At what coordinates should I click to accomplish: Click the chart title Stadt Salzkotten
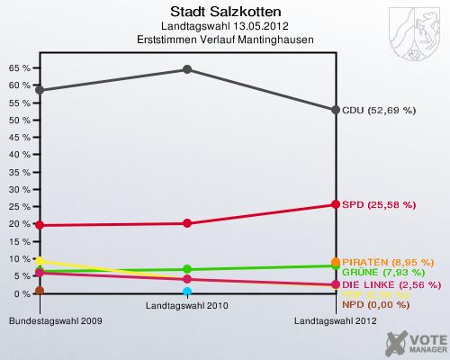(x=223, y=12)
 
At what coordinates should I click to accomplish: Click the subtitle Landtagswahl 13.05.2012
(x=223, y=27)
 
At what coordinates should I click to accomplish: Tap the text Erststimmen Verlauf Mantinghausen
(x=223, y=40)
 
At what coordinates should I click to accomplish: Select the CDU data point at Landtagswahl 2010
(x=187, y=69)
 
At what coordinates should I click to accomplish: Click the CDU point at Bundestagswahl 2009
(x=40, y=90)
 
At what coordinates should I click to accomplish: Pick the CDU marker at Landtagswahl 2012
(x=336, y=110)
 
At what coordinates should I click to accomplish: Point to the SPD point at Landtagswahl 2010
(x=187, y=223)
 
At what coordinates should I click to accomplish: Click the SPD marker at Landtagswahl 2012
(x=336, y=204)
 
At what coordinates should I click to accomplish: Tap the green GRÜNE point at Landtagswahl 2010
(x=187, y=269)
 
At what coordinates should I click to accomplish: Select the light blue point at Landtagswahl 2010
(x=187, y=292)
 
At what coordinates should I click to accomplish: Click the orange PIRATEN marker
(x=336, y=262)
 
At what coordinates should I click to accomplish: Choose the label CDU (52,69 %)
(x=379, y=111)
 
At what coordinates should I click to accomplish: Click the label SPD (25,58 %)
(x=379, y=205)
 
